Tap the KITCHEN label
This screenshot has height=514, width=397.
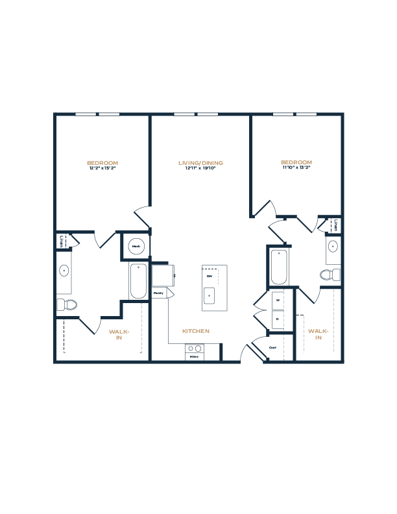[196, 331]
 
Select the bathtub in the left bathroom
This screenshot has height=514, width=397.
[138, 280]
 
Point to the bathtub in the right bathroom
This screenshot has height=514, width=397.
[278, 267]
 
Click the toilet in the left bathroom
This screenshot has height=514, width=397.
[66, 304]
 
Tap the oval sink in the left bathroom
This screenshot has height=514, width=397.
[64, 270]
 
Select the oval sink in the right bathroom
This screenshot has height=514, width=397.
[333, 247]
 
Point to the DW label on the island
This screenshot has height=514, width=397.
[210, 276]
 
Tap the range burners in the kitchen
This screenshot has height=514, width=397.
[194, 349]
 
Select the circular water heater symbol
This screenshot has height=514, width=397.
[136, 246]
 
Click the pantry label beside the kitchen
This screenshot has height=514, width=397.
[158, 294]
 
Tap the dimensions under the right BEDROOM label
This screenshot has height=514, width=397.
[296, 167]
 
